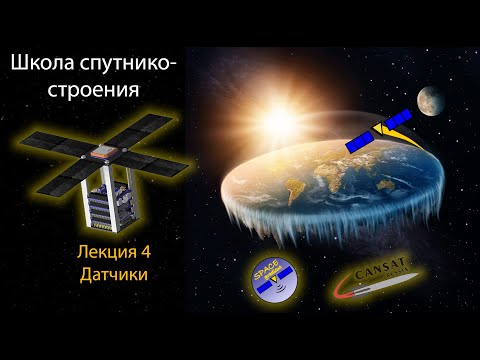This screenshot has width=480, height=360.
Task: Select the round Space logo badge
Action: pos(272,278)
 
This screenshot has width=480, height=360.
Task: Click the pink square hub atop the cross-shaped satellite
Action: pos(100,152)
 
